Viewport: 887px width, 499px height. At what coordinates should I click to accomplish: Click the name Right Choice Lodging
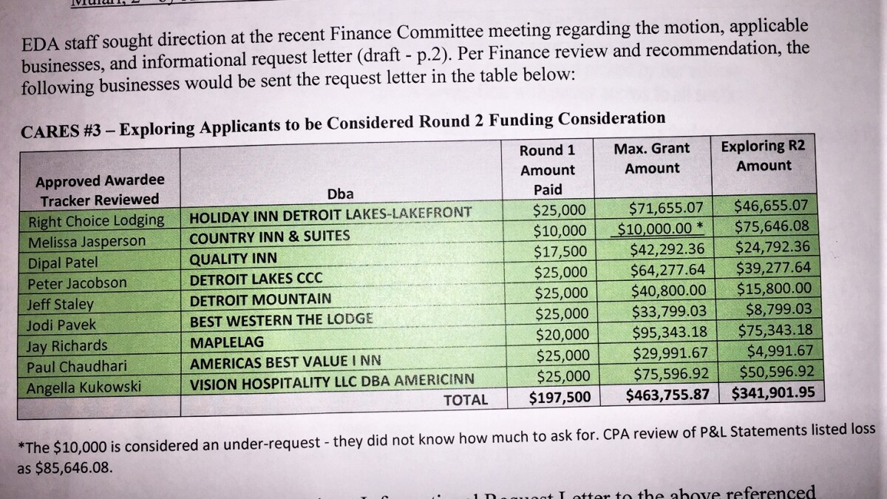tap(96, 220)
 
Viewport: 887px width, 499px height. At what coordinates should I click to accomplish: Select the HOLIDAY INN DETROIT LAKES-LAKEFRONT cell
tap(330, 215)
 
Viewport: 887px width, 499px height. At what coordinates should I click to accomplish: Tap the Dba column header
tap(340, 194)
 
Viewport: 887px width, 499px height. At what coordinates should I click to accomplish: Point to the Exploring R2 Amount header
tap(763, 155)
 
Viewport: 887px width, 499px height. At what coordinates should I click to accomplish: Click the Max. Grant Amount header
tap(651, 158)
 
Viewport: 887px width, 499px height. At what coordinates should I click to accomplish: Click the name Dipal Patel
tap(63, 262)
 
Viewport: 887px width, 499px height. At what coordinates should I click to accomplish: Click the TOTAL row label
tap(465, 400)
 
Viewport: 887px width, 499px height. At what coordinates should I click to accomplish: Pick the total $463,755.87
tap(672, 395)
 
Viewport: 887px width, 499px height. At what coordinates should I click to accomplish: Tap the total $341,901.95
tap(774, 393)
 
